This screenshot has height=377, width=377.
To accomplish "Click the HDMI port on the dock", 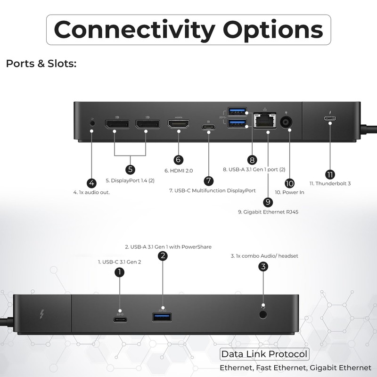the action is click(x=179, y=124).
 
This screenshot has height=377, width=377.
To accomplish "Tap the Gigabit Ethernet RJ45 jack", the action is click(x=265, y=120).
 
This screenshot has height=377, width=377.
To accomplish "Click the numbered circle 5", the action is click(x=130, y=169).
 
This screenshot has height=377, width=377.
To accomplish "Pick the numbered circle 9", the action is click(x=268, y=202).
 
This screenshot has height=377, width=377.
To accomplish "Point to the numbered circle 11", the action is click(x=330, y=174).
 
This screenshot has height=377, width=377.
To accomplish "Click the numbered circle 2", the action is click(x=163, y=255).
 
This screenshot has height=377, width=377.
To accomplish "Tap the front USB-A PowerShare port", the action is click(x=162, y=317).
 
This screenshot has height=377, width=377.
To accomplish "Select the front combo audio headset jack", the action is click(x=263, y=314).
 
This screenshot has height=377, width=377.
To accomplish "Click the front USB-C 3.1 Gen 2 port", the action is click(x=120, y=320).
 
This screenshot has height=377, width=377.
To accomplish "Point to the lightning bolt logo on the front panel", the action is click(x=42, y=314).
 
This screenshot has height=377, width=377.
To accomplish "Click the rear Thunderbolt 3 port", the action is click(x=330, y=118).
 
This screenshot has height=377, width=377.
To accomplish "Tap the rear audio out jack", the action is click(x=92, y=123).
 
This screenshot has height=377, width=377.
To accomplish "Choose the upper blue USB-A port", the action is click(x=237, y=111).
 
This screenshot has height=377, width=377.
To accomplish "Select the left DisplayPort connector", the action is click(x=117, y=124).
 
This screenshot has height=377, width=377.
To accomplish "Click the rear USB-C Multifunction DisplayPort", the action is click(x=208, y=127).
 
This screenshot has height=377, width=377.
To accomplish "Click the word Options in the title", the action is click(x=273, y=30).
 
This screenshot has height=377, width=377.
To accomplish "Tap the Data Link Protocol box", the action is click(x=264, y=354).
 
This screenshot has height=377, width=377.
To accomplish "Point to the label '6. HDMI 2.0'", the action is click(x=179, y=171).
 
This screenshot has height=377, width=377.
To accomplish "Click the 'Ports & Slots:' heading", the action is click(x=41, y=64).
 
